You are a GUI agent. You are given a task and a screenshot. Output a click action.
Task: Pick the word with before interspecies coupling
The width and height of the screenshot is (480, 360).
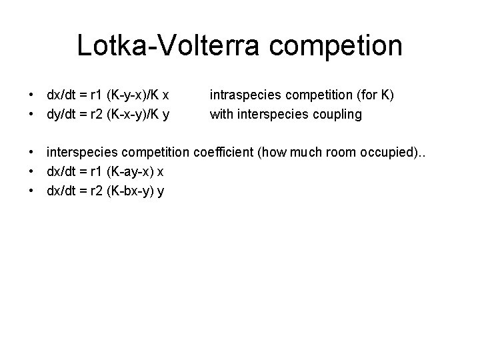click(222, 114)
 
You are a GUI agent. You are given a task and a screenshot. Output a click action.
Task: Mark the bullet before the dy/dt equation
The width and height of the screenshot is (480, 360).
click(32, 114)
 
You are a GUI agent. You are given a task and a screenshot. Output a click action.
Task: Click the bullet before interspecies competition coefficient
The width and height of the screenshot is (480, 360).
click(32, 153)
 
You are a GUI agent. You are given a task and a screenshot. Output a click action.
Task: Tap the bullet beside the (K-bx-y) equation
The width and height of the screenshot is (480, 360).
click(32, 191)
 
